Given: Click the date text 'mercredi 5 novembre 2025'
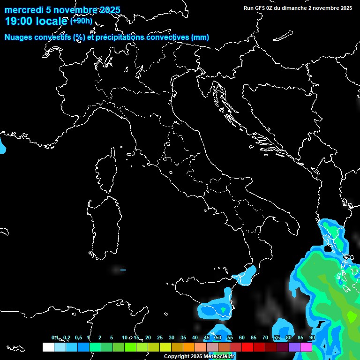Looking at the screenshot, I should (x=62, y=10).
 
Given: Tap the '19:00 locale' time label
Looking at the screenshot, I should (x=36, y=21).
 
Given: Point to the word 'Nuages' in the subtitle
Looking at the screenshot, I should (x=19, y=37).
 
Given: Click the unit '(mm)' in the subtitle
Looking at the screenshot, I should (x=200, y=37).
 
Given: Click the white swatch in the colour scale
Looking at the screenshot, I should (x=48, y=347).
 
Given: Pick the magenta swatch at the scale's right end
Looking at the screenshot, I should (x=306, y=347).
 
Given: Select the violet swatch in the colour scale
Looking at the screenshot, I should (x=294, y=347).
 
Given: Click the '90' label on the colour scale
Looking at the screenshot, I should (x=312, y=338).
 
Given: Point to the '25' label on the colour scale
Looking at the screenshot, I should (x=160, y=338).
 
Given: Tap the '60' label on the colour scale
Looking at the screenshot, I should (x=242, y=338).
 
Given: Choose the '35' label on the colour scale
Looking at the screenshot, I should (x=183, y=338).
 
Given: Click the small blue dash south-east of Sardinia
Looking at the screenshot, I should (x=123, y=270).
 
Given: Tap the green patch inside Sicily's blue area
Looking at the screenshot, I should (x=224, y=310).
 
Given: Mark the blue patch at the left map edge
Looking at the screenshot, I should (x=2, y=146).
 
